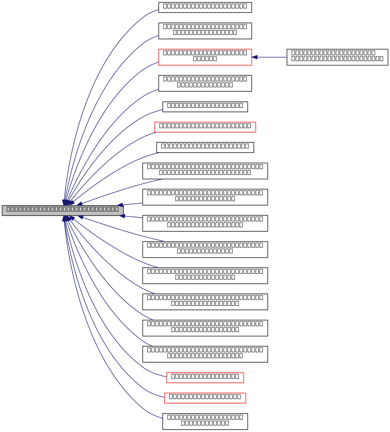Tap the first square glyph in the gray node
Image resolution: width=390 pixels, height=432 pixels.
8,209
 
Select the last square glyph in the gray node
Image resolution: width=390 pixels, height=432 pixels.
116,209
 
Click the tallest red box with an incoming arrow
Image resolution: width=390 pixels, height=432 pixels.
205,57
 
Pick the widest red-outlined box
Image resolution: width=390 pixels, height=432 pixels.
205,127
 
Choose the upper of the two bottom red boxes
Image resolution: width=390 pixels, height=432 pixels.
205,378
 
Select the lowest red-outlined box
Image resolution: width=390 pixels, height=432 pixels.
205,398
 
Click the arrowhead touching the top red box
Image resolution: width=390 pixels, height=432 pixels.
255,57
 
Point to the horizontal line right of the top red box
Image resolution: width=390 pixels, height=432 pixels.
273,57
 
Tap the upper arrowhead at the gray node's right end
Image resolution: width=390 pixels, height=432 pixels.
120,205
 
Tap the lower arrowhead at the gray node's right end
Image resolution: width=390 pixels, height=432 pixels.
122,216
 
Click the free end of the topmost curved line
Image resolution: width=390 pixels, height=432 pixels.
158,10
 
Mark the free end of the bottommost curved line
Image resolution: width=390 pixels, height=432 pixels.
162,418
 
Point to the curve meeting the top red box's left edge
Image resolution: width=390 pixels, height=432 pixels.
148,67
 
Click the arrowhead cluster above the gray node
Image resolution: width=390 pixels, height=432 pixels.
67,202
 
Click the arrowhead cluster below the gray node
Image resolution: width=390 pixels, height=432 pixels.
67,218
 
